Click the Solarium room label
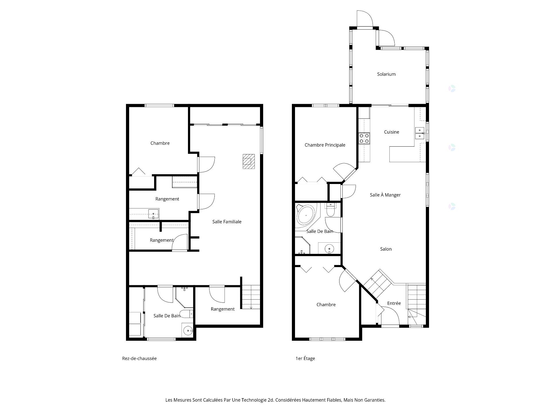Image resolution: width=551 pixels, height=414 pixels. [386, 74]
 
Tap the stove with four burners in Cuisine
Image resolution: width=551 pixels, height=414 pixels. [364, 138]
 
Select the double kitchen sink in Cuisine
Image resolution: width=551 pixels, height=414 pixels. [419, 133]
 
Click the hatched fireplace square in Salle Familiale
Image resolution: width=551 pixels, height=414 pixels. [249, 161]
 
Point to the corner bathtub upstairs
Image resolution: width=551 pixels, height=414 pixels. [306, 215]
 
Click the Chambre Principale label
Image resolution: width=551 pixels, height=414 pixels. [325, 145]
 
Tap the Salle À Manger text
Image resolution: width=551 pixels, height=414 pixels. [385, 195]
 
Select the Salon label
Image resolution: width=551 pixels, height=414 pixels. [386, 249]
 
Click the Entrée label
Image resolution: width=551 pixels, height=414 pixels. [394, 303]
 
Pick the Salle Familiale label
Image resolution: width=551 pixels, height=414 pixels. [227, 222]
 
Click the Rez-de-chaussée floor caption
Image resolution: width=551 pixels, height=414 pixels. [139, 358]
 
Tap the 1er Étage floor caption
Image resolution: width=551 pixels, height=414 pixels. [305, 358]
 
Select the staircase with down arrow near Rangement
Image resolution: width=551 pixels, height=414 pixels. [251, 297]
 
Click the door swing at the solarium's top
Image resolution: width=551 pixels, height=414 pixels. [364, 18]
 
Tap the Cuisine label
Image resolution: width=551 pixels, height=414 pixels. [391, 132]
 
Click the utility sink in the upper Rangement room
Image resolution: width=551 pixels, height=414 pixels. [153, 214]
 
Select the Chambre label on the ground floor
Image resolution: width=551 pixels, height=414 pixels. [160, 143]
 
